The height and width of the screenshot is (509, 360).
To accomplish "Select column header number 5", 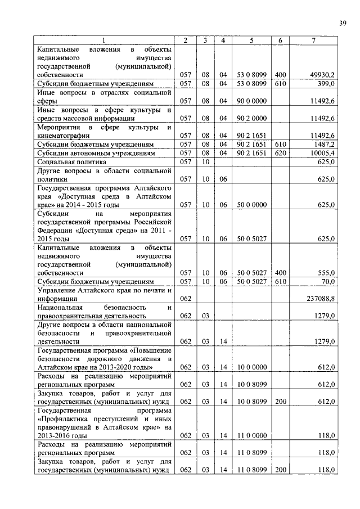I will [251, 40].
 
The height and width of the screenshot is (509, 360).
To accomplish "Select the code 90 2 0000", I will [251, 118].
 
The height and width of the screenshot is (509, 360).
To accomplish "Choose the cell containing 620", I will [280, 153].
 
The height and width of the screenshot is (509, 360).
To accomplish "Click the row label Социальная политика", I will [68, 161].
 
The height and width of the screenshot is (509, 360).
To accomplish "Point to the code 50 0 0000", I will [251, 205].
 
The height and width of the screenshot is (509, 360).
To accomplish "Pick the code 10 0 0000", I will [251, 367].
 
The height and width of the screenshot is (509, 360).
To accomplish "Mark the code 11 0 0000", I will [251, 436].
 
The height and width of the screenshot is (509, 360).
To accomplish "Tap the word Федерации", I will [55, 231].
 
